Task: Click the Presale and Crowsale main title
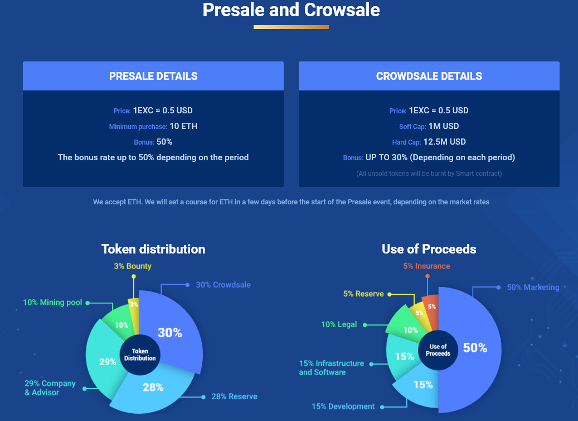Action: click(x=291, y=10)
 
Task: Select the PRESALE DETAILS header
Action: click(x=153, y=76)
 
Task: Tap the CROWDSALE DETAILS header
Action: click(x=429, y=76)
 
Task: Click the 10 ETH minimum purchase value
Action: click(x=183, y=126)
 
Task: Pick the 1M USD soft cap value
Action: click(x=444, y=126)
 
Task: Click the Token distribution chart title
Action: click(x=153, y=249)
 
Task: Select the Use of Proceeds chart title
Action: click(x=429, y=249)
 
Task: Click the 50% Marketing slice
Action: click(x=474, y=347)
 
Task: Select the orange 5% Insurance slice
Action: click(x=431, y=307)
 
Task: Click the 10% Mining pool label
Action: click(x=52, y=303)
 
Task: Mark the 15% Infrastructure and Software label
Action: click(x=331, y=367)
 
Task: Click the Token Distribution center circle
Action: click(x=140, y=355)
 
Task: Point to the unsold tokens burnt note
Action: click(x=429, y=174)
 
